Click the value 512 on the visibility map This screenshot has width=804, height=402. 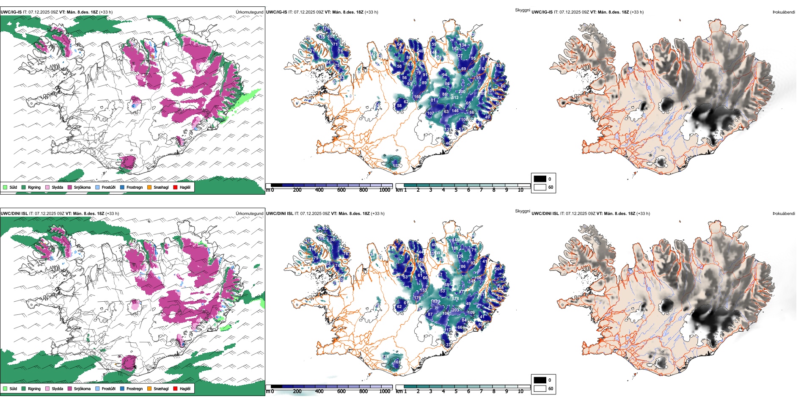(455, 98)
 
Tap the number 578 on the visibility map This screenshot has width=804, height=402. (455, 299)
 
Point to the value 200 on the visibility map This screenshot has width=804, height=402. (462, 91)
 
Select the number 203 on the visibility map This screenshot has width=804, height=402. (455, 310)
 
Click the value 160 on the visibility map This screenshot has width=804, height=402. (417, 97)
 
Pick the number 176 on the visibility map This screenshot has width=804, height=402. (417, 298)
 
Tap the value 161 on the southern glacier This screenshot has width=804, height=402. (397, 362)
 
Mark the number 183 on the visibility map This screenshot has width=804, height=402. (434, 301)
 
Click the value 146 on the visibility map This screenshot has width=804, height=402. (455, 111)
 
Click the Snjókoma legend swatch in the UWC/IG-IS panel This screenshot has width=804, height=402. (70, 187)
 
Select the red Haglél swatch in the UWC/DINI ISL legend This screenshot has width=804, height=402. (175, 388)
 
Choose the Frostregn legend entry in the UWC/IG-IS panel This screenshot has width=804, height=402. (122, 187)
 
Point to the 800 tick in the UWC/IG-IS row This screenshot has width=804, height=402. (363, 190)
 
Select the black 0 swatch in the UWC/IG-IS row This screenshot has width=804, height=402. (540, 179)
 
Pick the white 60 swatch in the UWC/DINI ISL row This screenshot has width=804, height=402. (540, 388)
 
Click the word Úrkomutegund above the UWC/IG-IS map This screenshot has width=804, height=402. (249, 12)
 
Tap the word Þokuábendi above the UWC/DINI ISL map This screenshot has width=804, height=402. (784, 214)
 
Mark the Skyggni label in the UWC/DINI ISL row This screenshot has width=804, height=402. (522, 211)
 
